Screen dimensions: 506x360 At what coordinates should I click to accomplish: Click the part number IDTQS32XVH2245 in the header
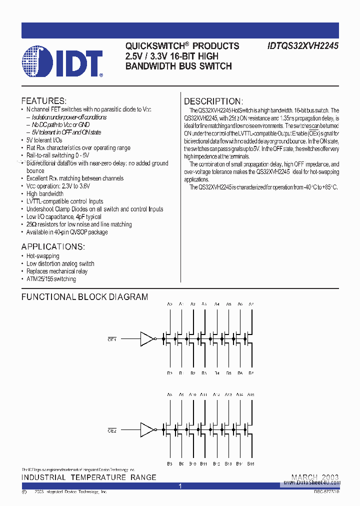click(303, 46)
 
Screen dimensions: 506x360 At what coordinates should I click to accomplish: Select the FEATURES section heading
click(43, 100)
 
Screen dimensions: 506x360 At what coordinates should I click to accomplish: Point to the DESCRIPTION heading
click(213, 101)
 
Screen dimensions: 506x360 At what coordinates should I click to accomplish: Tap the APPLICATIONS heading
click(53, 246)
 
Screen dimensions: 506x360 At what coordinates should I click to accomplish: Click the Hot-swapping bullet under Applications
click(42, 256)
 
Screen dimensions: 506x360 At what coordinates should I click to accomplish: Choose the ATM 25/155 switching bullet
click(51, 279)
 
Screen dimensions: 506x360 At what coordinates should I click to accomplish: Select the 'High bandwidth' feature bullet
click(44, 193)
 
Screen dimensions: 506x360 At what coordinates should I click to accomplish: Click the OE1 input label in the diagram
click(112, 339)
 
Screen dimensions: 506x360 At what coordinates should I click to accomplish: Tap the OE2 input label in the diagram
click(112, 430)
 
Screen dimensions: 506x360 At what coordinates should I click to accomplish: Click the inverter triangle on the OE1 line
click(147, 339)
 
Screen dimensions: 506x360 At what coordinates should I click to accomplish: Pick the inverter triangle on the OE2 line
click(147, 430)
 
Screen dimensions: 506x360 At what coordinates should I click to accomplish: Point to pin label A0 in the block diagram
click(169, 304)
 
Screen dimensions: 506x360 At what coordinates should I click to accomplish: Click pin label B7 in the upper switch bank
click(251, 373)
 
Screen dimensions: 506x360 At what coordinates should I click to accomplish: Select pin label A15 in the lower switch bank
click(251, 395)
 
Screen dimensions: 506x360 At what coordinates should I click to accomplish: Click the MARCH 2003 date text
click(315, 477)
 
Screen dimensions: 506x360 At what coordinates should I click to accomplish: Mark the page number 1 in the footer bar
click(180, 486)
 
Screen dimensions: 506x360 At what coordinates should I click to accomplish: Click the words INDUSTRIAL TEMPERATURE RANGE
click(88, 477)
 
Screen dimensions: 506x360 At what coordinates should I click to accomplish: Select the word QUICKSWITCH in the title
click(152, 46)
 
